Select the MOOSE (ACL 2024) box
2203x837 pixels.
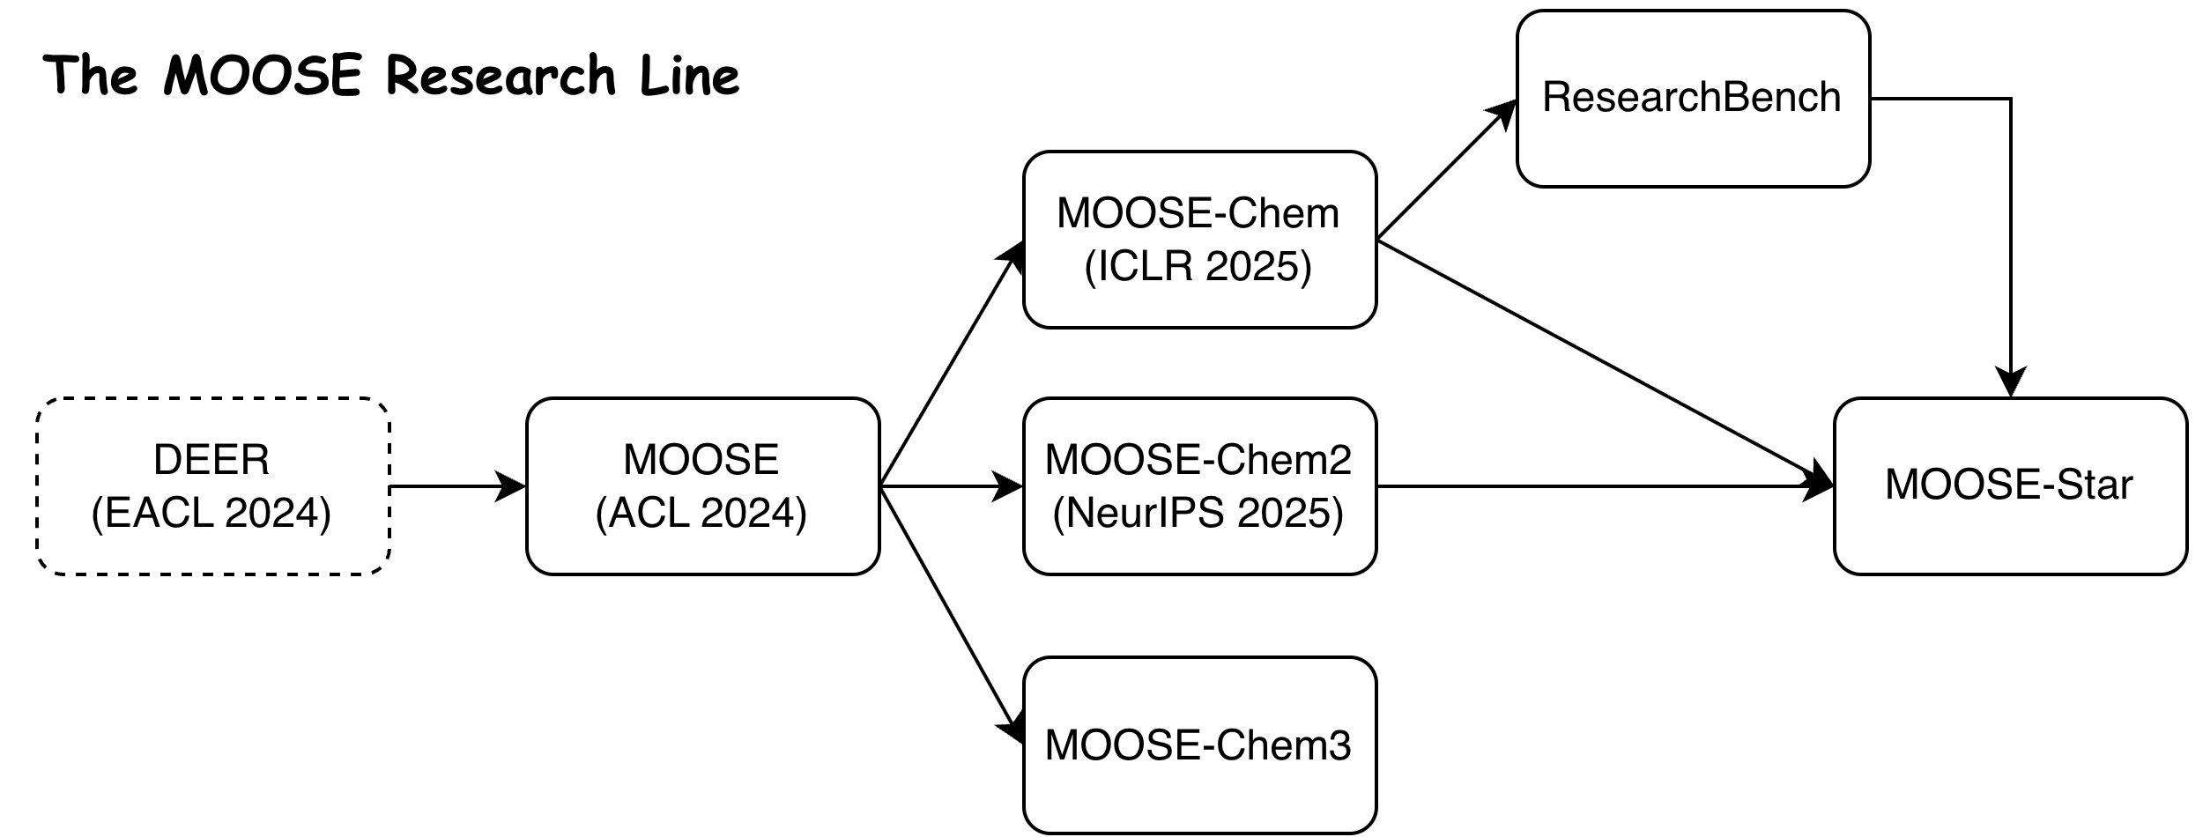(702, 485)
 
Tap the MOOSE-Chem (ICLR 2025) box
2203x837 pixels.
(1198, 239)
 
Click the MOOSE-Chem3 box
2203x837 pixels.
(1198, 745)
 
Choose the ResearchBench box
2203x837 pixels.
(1692, 98)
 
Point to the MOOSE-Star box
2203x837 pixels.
(2009, 485)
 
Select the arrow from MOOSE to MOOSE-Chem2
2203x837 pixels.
(952, 485)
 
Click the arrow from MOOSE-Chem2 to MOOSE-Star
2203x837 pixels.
(1604, 485)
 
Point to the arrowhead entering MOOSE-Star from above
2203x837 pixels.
(2010, 381)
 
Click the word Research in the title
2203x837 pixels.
(501, 76)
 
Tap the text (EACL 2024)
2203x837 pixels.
(211, 514)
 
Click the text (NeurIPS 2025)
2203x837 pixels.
(1198, 514)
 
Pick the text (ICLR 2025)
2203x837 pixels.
(1198, 266)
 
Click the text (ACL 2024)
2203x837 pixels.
(701, 514)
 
